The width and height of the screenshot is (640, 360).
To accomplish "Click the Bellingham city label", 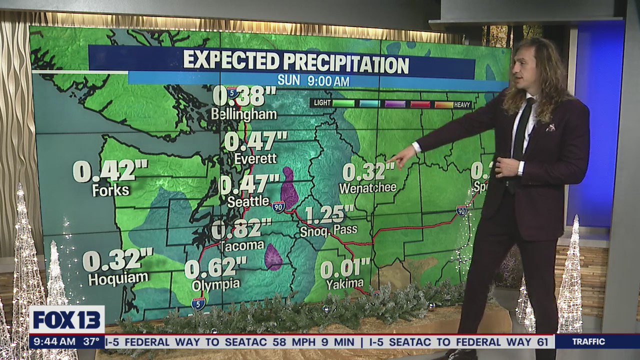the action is tap(243, 114).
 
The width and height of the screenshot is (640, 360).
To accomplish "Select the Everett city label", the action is tap(255, 158).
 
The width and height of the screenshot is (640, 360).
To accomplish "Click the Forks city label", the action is tap(110, 190).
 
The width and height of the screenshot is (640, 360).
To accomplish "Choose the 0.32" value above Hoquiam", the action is tap(117, 260).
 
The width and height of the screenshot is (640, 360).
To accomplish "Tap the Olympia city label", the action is tap(216, 285).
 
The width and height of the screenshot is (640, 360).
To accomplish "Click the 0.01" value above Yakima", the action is tap(345, 268).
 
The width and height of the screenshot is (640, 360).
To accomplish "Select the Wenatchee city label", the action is tap(367, 188).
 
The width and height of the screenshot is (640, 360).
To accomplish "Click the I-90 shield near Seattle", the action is tap(278, 206).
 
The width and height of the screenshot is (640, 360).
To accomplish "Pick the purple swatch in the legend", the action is tap(395, 104).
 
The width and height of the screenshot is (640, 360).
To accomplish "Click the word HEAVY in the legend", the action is tap(462, 105).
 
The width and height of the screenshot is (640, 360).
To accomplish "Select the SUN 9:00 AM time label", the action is tap(313, 80).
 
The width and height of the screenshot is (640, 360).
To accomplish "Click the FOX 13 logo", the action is tap(66, 320).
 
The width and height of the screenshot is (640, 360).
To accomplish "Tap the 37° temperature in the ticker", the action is tap(91, 342).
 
